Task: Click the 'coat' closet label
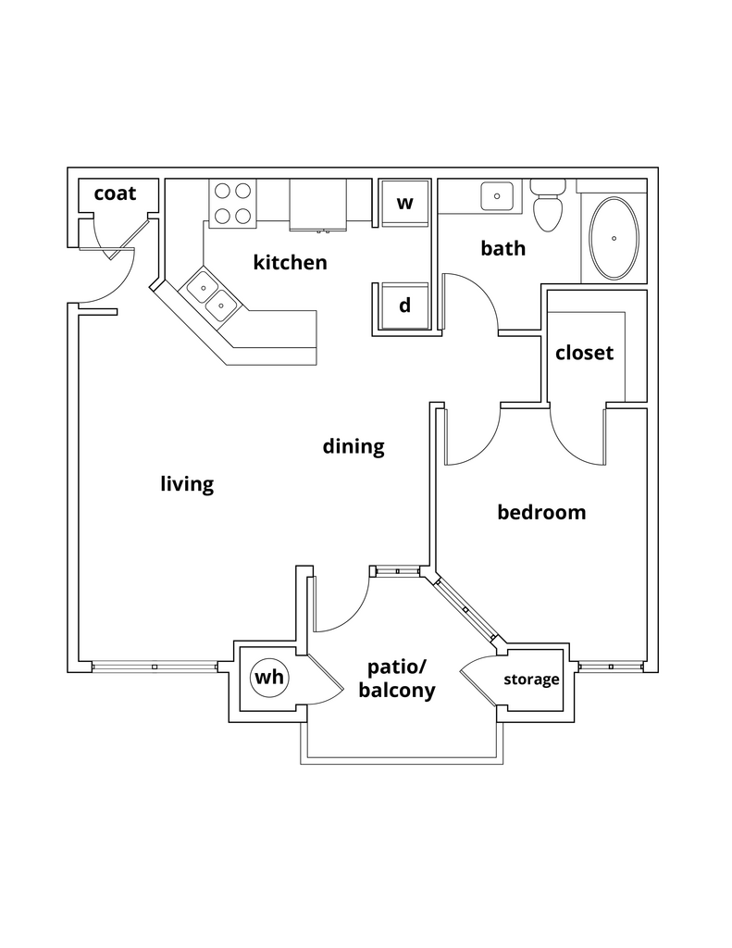point(115,193)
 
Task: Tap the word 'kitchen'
point(290,263)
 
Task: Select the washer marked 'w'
point(404,203)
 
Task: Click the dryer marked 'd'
point(404,306)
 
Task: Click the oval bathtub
point(614,238)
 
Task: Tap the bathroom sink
point(498,197)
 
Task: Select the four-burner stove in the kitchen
point(232,204)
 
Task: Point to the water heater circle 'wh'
point(269,678)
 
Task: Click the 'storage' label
point(531,680)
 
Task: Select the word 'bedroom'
point(541,512)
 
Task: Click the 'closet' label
point(584,353)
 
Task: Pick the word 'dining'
point(353,447)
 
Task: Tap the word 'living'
point(187,484)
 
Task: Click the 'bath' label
point(503,248)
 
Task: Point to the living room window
point(155,667)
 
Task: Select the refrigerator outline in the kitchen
point(317,204)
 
